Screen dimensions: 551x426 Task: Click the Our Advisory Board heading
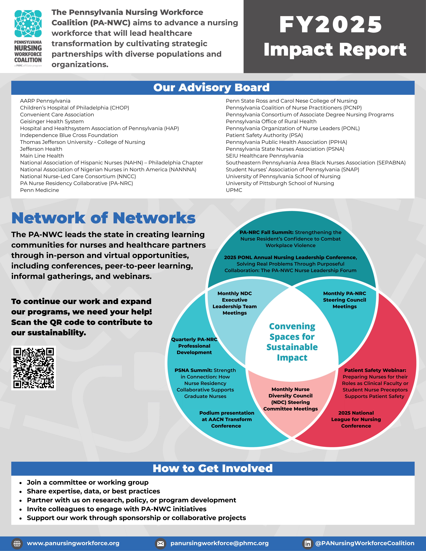point(211,88)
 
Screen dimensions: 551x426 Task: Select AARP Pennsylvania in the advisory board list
point(45,101)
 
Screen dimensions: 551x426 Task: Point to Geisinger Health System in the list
point(52,122)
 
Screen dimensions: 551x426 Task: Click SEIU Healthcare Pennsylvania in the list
point(264,156)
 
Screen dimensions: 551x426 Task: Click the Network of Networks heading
point(104,218)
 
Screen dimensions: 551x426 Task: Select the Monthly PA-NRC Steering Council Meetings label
point(344,300)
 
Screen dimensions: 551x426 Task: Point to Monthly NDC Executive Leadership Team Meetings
point(235,303)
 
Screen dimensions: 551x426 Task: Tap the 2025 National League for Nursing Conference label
point(356,419)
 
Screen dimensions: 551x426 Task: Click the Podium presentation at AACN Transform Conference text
point(227,419)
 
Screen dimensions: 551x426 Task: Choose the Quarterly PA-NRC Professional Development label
point(194,346)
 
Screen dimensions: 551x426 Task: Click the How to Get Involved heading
point(213,468)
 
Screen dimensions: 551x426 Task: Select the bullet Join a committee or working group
point(88,482)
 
